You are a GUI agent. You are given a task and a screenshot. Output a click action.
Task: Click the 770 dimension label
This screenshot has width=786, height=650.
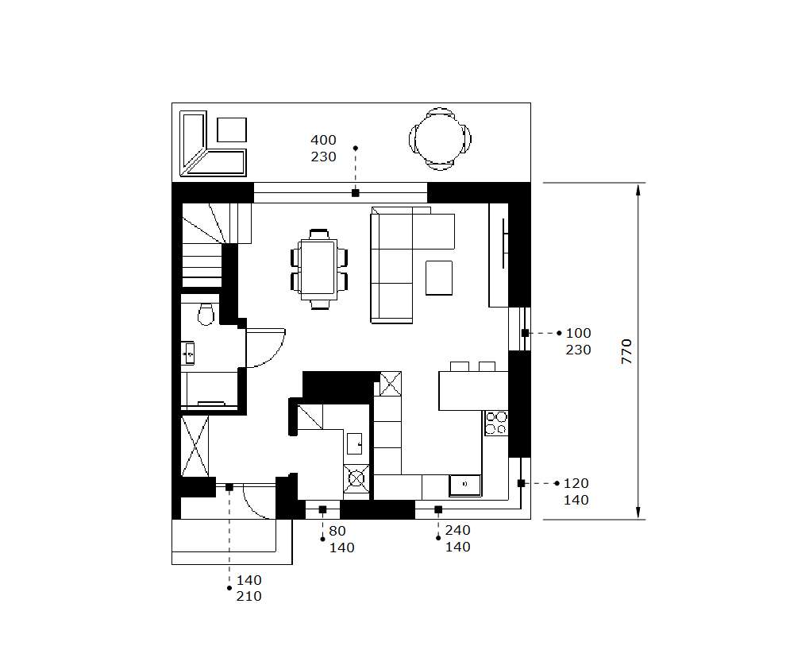[x=626, y=351]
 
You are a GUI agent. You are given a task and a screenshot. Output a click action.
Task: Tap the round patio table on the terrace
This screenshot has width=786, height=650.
[x=440, y=138]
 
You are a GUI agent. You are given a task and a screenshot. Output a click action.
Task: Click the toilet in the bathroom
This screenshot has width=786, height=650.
[x=206, y=314]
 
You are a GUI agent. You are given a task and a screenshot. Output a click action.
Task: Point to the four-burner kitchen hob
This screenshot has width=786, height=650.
[x=495, y=423]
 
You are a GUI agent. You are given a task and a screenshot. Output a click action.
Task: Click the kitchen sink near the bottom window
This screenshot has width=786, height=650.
[x=465, y=485]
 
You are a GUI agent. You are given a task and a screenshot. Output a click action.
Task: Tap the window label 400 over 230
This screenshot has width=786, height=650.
[x=323, y=149]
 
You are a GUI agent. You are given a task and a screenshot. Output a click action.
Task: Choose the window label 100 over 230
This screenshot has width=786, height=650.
[x=579, y=342]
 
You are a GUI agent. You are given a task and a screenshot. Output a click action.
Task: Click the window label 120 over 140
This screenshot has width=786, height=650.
[x=576, y=492]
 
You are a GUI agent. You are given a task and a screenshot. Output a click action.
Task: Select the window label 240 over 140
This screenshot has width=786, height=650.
[x=457, y=539]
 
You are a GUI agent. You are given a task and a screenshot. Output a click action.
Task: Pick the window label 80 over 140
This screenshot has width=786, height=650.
[x=342, y=540]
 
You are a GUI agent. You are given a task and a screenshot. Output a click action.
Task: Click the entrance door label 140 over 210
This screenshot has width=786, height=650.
[x=249, y=588]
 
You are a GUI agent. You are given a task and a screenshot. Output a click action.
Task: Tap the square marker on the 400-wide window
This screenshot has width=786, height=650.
[x=356, y=193]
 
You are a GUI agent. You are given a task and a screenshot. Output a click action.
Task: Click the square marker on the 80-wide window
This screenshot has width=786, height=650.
[x=323, y=509]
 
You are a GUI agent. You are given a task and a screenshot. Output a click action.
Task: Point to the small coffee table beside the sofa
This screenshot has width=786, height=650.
[x=439, y=278]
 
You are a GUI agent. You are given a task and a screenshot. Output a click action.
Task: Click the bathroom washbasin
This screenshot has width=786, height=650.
[x=188, y=353]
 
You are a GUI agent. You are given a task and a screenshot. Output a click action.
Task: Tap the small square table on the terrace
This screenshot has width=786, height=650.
[x=232, y=130]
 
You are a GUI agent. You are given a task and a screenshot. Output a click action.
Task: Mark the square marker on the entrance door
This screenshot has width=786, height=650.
[x=229, y=487]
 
